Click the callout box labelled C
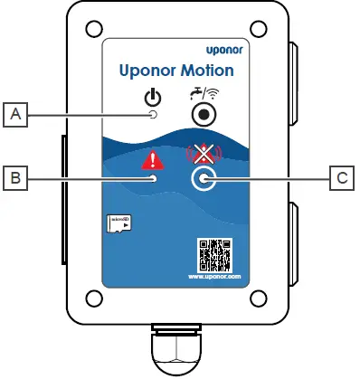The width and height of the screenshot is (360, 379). pyautogui.click(x=341, y=178)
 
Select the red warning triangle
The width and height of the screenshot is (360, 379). pyautogui.click(x=153, y=161)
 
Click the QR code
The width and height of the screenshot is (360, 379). pyautogui.click(x=213, y=254)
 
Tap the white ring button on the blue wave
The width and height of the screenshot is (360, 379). pyautogui.click(x=204, y=179)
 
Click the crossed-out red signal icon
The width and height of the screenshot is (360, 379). pyautogui.click(x=204, y=154)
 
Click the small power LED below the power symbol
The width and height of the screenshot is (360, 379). pyautogui.click(x=153, y=115)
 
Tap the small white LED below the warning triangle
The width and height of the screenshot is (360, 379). pyautogui.click(x=154, y=178)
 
